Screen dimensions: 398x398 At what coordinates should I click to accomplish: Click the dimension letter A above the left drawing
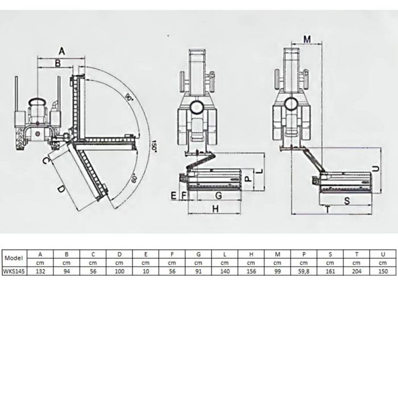(x=61, y=51)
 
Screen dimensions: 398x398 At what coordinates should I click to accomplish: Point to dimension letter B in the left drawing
(x=57, y=63)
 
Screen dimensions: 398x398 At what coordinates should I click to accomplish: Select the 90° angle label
(x=129, y=97)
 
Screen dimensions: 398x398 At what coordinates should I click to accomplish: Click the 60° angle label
(x=134, y=179)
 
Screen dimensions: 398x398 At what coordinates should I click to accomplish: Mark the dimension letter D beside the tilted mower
(x=61, y=189)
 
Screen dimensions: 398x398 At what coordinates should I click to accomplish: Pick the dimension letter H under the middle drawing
(x=215, y=209)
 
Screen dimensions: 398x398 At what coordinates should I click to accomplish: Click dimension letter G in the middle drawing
(x=218, y=196)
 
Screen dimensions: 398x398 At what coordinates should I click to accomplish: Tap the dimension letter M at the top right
(x=307, y=39)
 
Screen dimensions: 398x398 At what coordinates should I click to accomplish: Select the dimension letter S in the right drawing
(x=347, y=201)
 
